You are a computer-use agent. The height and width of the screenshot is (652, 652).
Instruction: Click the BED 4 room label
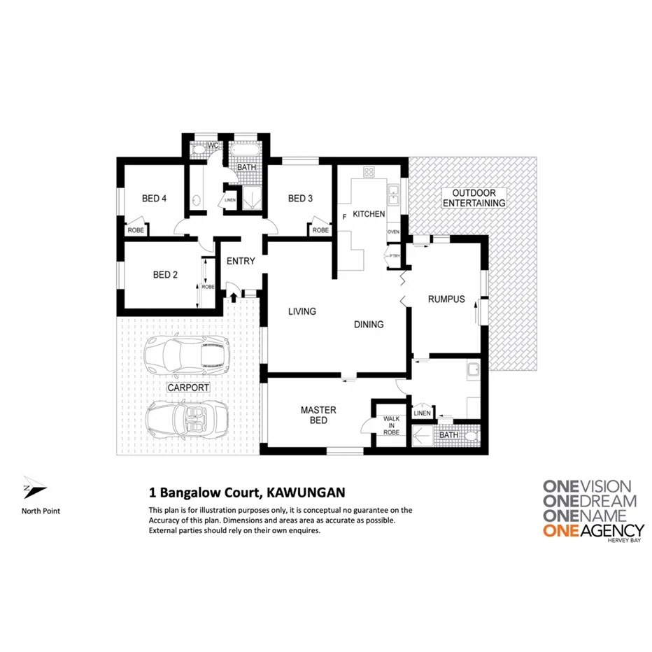coord(154,199)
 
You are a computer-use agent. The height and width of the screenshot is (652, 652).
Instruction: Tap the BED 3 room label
coord(300,199)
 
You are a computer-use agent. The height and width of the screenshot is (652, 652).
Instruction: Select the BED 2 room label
coord(165,275)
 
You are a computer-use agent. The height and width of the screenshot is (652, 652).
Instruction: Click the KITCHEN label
coord(369,213)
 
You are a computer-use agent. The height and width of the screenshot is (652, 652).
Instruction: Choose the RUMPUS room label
coord(446,299)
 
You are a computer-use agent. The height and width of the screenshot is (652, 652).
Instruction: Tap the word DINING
coord(369,325)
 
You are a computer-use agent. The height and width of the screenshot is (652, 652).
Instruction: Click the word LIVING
coord(302,311)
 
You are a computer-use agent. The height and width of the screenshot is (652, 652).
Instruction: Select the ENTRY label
coord(241,262)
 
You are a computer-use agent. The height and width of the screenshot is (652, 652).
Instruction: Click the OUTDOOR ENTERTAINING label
coord(479,198)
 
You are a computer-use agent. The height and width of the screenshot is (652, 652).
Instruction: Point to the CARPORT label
coord(188,387)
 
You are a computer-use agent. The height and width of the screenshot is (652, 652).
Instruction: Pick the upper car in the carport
coord(187,353)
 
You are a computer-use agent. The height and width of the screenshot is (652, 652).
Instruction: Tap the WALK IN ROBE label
coord(391,425)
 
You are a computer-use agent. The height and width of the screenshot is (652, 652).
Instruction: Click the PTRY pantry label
coord(395,256)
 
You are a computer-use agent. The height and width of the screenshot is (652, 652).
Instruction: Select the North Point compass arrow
coord(34,488)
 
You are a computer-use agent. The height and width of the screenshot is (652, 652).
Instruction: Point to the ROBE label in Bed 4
coord(135,229)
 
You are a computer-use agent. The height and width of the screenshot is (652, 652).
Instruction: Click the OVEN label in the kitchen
coord(393,231)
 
